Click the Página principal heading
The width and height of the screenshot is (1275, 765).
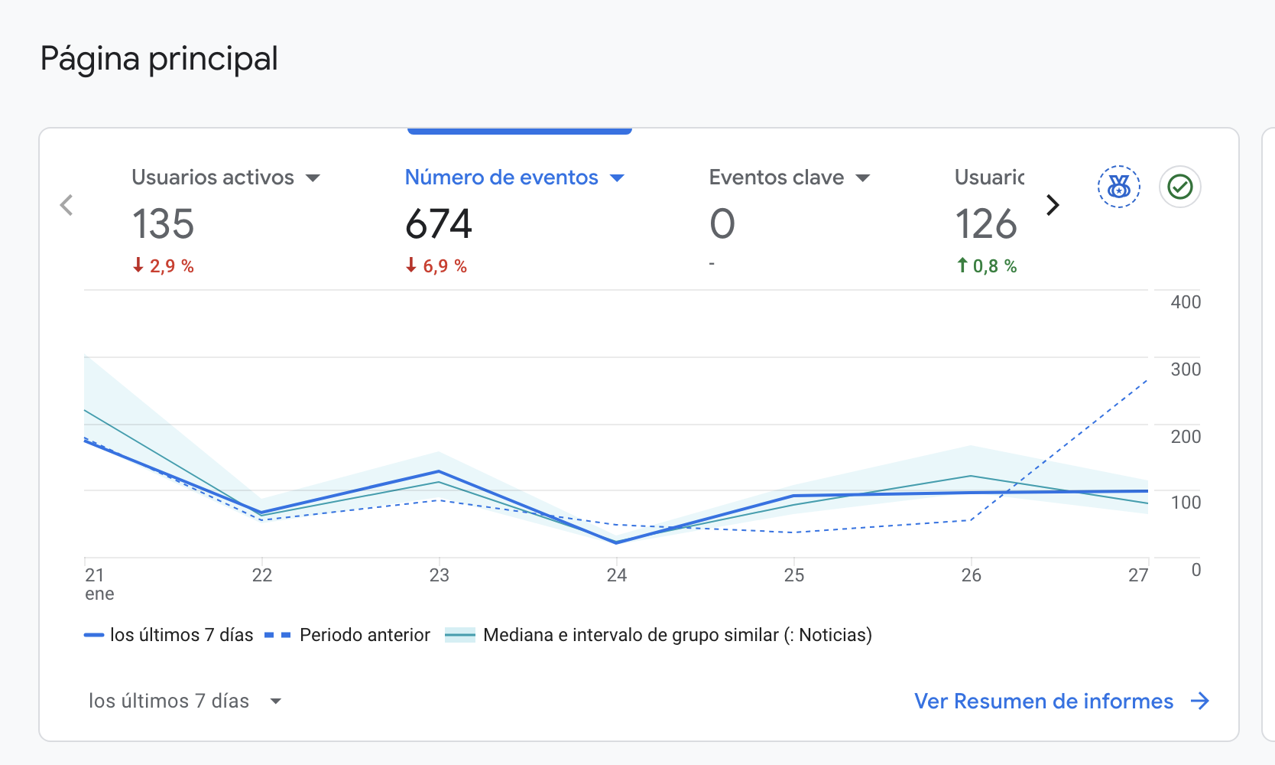click(159, 59)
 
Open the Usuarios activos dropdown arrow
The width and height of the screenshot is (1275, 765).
click(313, 178)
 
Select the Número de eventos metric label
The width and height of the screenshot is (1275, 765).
click(501, 177)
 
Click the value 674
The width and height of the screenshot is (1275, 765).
click(439, 224)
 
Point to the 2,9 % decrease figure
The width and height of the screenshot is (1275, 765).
click(164, 266)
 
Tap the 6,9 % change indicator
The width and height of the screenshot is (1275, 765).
click(436, 266)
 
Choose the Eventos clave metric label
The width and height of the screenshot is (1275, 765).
click(777, 177)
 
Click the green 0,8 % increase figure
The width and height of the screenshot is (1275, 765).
click(987, 266)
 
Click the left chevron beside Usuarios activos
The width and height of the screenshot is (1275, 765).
click(67, 205)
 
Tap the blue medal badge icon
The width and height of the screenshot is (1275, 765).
click(1118, 187)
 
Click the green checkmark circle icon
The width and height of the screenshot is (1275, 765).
click(1179, 187)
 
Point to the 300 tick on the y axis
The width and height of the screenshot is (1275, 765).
click(1186, 369)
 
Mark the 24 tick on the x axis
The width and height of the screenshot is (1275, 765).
click(617, 575)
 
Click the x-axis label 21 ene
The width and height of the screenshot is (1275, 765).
click(99, 584)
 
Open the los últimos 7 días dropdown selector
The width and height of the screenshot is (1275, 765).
click(185, 701)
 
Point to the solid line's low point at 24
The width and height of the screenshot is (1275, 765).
click(617, 542)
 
